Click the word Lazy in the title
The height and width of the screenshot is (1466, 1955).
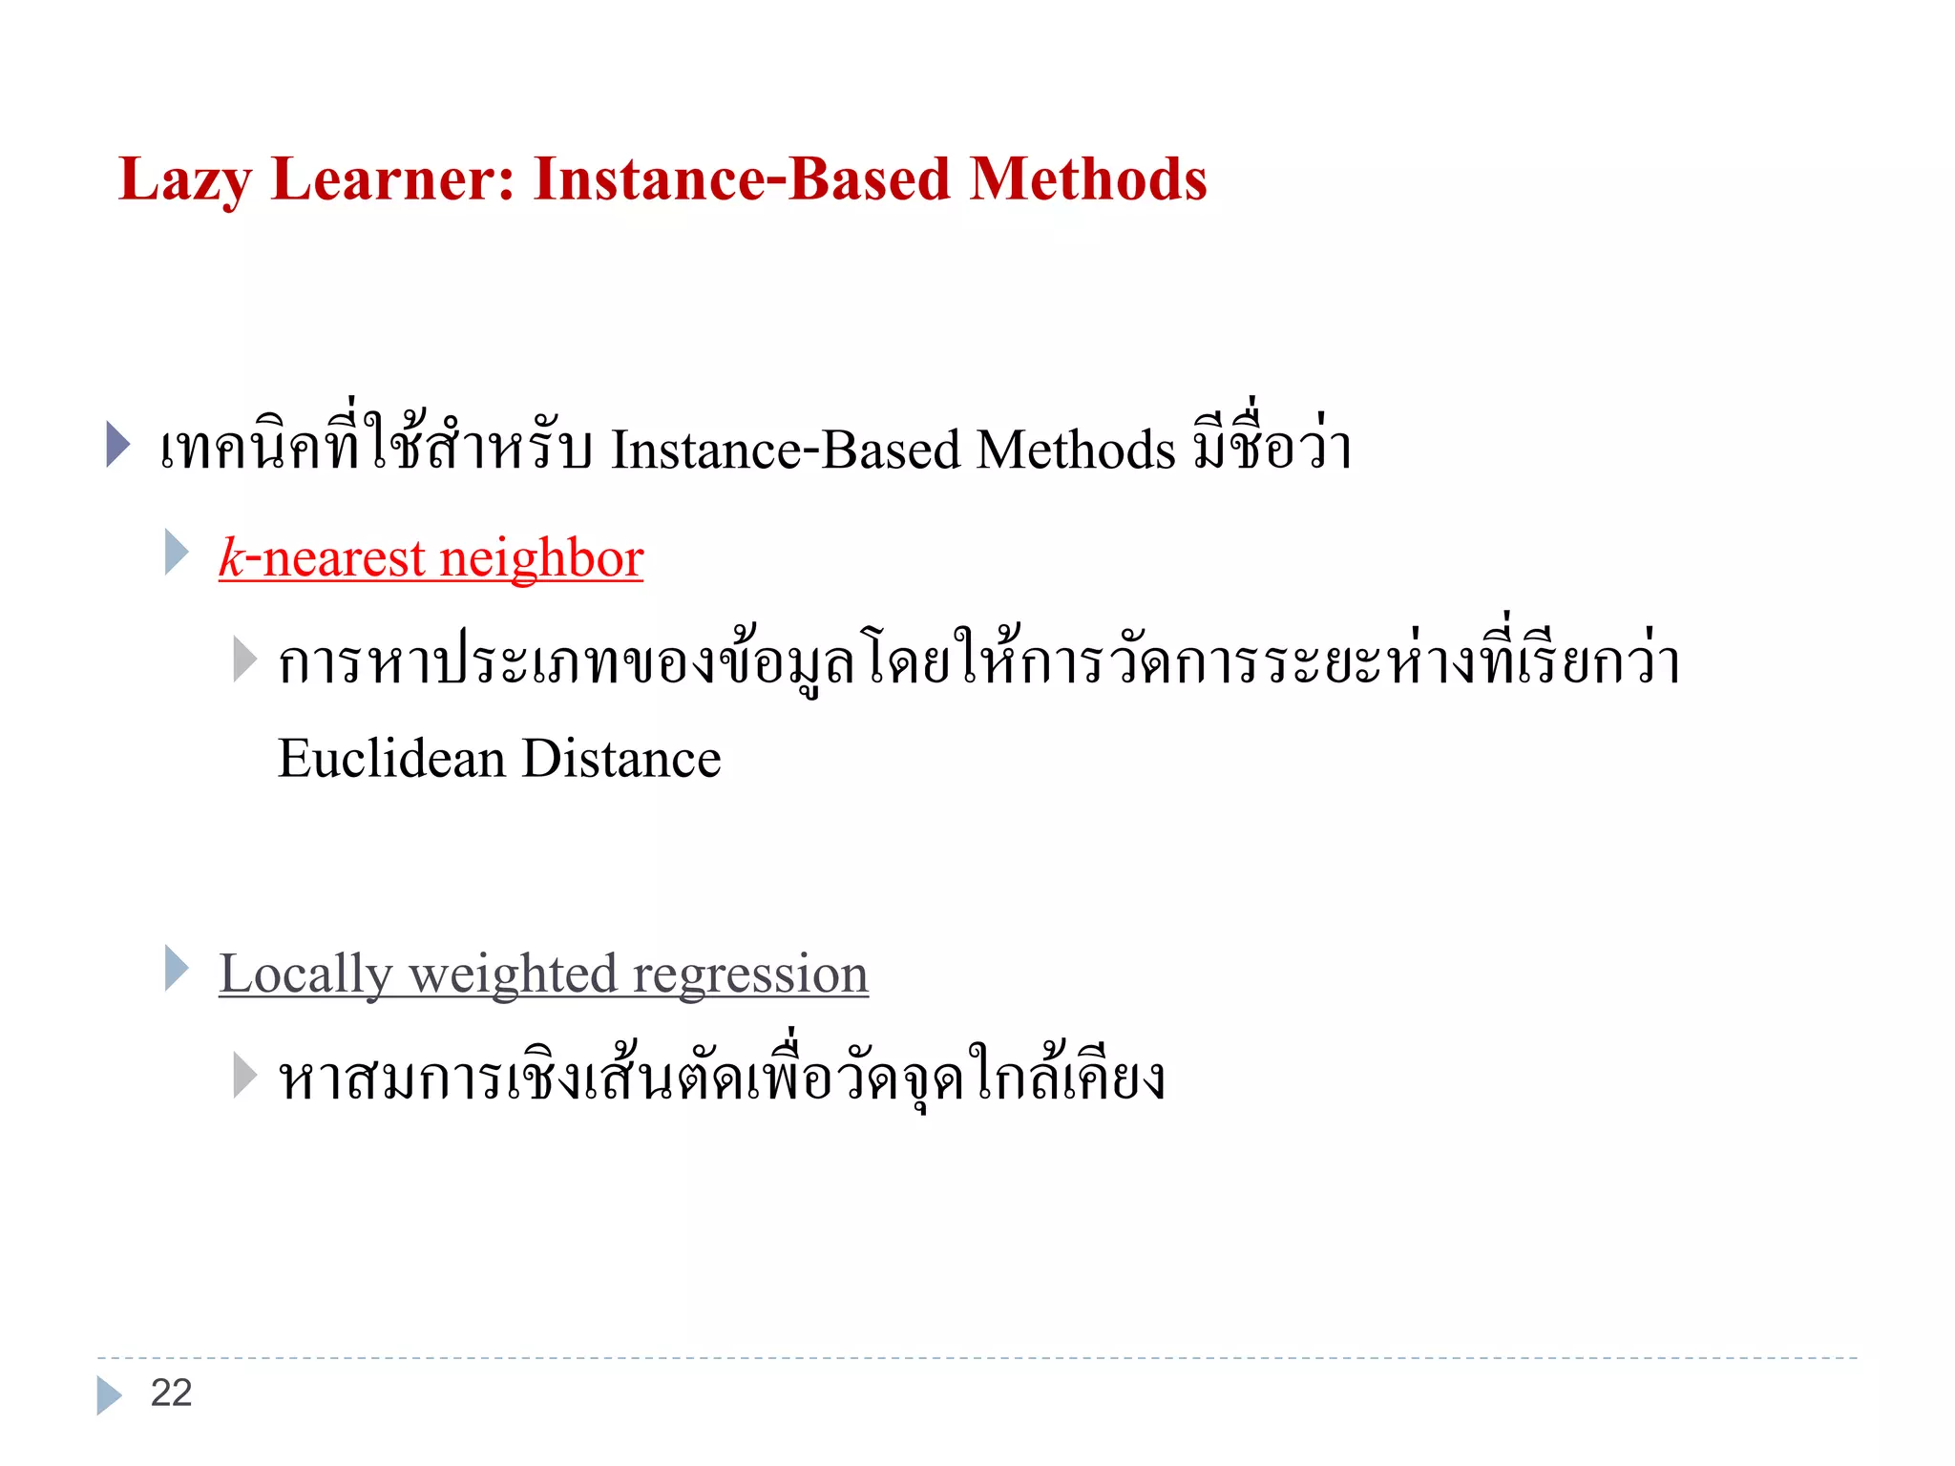click(x=184, y=179)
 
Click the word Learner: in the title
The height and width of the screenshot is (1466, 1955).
click(x=393, y=179)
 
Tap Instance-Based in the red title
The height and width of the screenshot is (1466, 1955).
click(x=742, y=179)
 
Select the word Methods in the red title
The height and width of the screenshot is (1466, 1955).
click(x=1088, y=179)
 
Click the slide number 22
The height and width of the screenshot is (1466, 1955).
click(x=172, y=1393)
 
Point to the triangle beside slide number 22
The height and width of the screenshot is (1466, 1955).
click(x=109, y=1394)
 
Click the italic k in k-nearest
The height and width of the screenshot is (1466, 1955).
click(x=231, y=557)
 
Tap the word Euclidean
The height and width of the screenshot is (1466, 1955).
click(x=391, y=759)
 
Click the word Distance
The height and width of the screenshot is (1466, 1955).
click(x=621, y=759)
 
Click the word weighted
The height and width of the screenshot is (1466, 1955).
click(x=513, y=974)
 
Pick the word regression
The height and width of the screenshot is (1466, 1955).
click(x=750, y=974)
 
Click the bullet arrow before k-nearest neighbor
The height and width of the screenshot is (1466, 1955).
click(x=177, y=552)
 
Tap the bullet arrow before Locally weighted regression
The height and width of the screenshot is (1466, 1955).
click(x=177, y=968)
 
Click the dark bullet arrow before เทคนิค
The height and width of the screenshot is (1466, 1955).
click(x=117, y=444)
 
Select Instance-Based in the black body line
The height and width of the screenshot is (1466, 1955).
click(x=786, y=450)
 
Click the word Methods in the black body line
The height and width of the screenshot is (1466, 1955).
click(x=1076, y=450)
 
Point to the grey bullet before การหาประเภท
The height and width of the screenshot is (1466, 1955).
click(x=244, y=660)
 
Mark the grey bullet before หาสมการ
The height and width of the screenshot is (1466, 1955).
click(x=244, y=1076)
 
